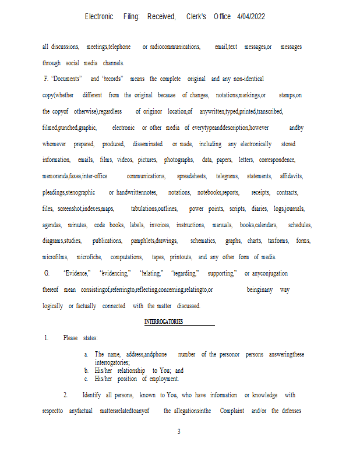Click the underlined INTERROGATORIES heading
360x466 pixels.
[164, 322]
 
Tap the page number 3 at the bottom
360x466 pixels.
[179, 432]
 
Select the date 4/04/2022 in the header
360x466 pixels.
[251, 17]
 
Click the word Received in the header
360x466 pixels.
[161, 17]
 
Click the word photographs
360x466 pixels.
[179, 160]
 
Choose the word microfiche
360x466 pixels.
[90, 257]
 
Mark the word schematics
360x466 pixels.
[203, 241]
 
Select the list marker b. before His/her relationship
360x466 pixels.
[86, 370]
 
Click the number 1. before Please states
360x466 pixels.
[47, 338]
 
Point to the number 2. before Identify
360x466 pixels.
[66, 395]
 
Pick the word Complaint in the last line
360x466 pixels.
[232, 411]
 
